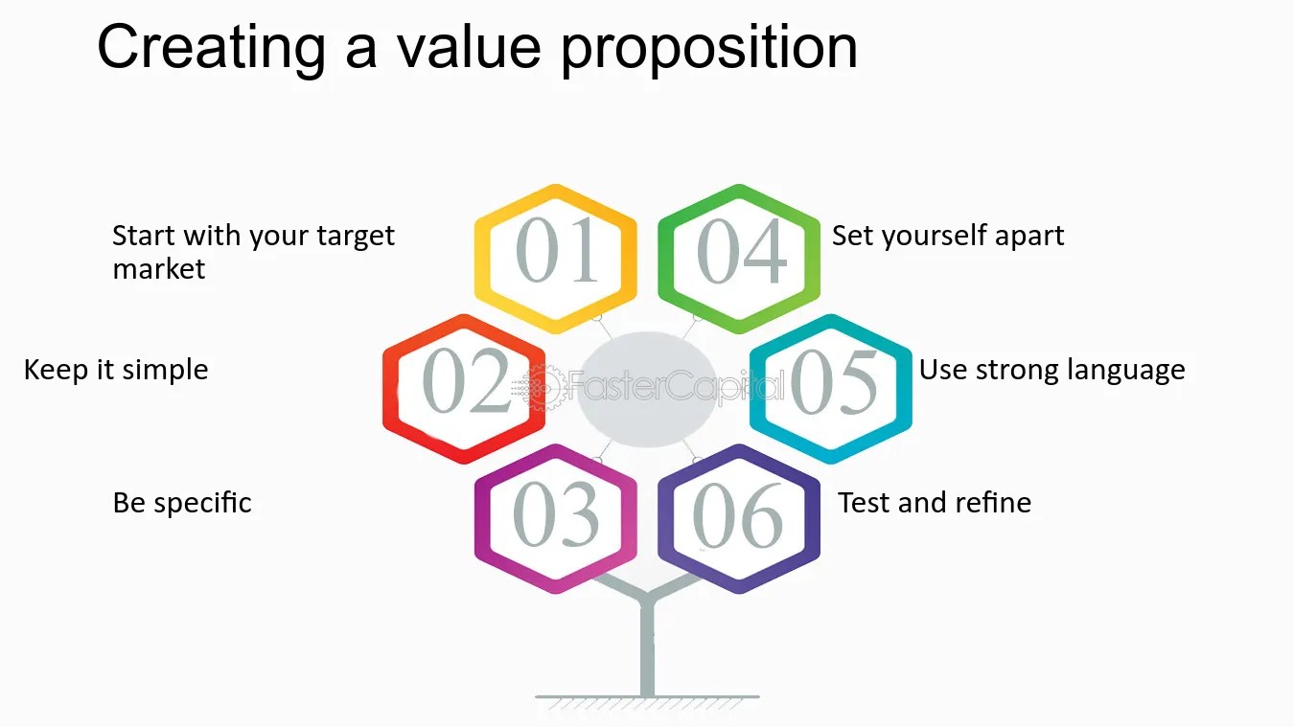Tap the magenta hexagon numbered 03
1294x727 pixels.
(556, 518)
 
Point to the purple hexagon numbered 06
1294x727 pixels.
(739, 518)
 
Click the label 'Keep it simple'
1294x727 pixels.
(116, 370)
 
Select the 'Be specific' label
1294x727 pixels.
(182, 503)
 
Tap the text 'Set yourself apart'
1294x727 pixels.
(947, 236)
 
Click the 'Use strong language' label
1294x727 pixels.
(1051, 370)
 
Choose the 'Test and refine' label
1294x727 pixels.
(935, 503)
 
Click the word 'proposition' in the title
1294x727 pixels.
(708, 48)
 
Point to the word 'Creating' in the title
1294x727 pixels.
(211, 48)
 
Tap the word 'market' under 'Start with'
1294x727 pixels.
(159, 269)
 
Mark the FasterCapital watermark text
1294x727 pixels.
(671, 388)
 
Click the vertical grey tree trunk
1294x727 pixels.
(647, 651)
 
